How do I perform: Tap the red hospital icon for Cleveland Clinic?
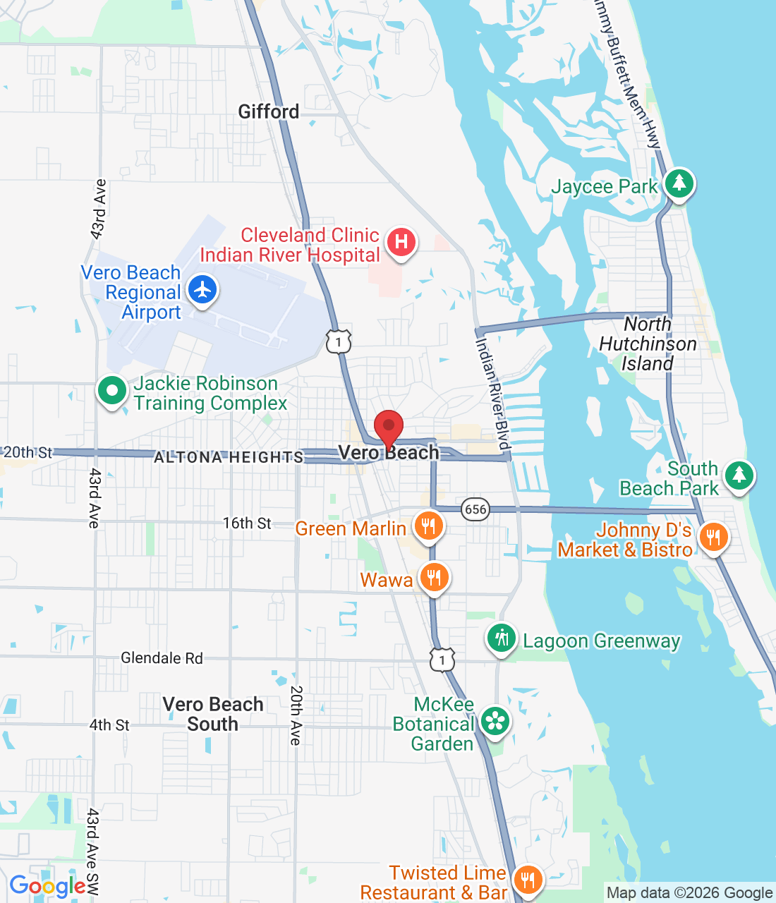pyautogui.click(x=401, y=242)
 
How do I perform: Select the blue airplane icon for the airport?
pyautogui.click(x=202, y=290)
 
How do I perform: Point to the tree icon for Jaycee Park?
pyautogui.click(x=679, y=183)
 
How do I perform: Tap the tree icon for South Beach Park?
pyautogui.click(x=739, y=475)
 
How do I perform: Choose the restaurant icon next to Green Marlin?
pyautogui.click(x=428, y=526)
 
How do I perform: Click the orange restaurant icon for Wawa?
pyautogui.click(x=434, y=578)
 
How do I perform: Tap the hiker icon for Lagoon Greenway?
pyautogui.click(x=501, y=639)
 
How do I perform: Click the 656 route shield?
pyautogui.click(x=475, y=509)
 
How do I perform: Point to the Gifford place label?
pyautogui.click(x=268, y=111)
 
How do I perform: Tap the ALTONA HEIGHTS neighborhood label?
pyautogui.click(x=229, y=457)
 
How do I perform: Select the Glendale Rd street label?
pyautogui.click(x=162, y=658)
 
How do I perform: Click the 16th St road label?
pyautogui.click(x=247, y=523)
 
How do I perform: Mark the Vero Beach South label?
pyautogui.click(x=213, y=714)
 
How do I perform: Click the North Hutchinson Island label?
pyautogui.click(x=648, y=344)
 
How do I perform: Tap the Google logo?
pyautogui.click(x=48, y=886)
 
